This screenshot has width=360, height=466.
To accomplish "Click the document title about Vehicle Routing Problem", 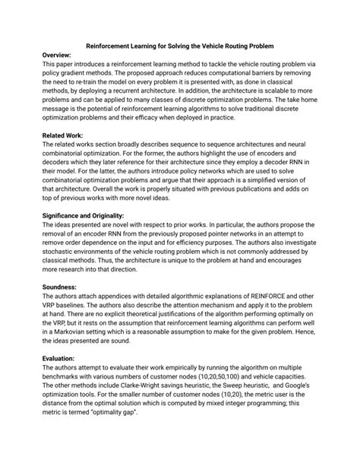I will pos(179,46).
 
